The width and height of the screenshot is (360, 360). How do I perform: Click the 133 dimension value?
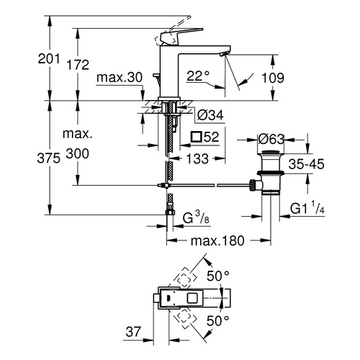(199, 158)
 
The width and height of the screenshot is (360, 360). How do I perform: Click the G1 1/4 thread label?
(308, 209)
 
